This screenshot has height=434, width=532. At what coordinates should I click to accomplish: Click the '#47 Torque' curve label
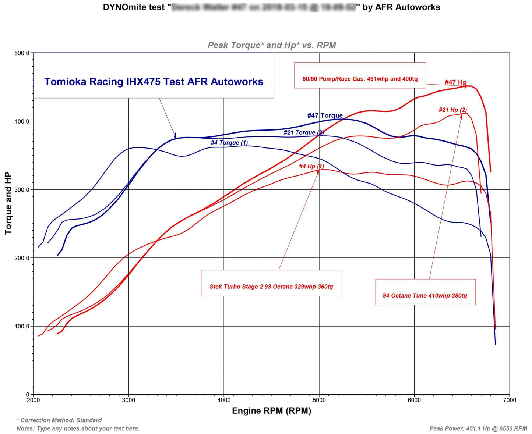point(325,115)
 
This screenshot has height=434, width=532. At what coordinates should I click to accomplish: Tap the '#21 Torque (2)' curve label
point(304,132)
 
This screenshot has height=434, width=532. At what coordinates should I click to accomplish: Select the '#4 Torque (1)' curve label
point(229,142)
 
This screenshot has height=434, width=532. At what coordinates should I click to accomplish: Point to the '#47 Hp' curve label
point(455,82)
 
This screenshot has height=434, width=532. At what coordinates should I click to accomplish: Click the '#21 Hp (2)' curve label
point(452,110)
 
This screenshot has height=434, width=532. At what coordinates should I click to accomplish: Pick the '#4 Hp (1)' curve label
point(311,166)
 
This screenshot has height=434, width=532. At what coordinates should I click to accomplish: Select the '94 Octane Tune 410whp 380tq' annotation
point(425,295)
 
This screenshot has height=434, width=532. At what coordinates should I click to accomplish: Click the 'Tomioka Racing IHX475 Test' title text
point(154,82)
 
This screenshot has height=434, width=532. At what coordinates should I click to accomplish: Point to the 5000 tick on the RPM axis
point(319,400)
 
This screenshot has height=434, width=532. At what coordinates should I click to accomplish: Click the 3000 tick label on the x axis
point(128,400)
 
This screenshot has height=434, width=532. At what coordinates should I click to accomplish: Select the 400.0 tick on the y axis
point(22,121)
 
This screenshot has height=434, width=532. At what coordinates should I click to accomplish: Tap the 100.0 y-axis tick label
point(22,326)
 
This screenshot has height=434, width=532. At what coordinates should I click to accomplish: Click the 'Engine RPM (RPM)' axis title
point(271,411)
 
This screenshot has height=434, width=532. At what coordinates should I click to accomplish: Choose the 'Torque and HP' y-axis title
point(8,203)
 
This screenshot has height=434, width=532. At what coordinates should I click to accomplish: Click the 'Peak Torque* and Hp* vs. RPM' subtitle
point(272,45)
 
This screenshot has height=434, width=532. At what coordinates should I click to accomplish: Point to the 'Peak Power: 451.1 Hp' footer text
point(478,428)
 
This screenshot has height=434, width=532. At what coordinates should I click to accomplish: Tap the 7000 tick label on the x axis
point(510,400)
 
